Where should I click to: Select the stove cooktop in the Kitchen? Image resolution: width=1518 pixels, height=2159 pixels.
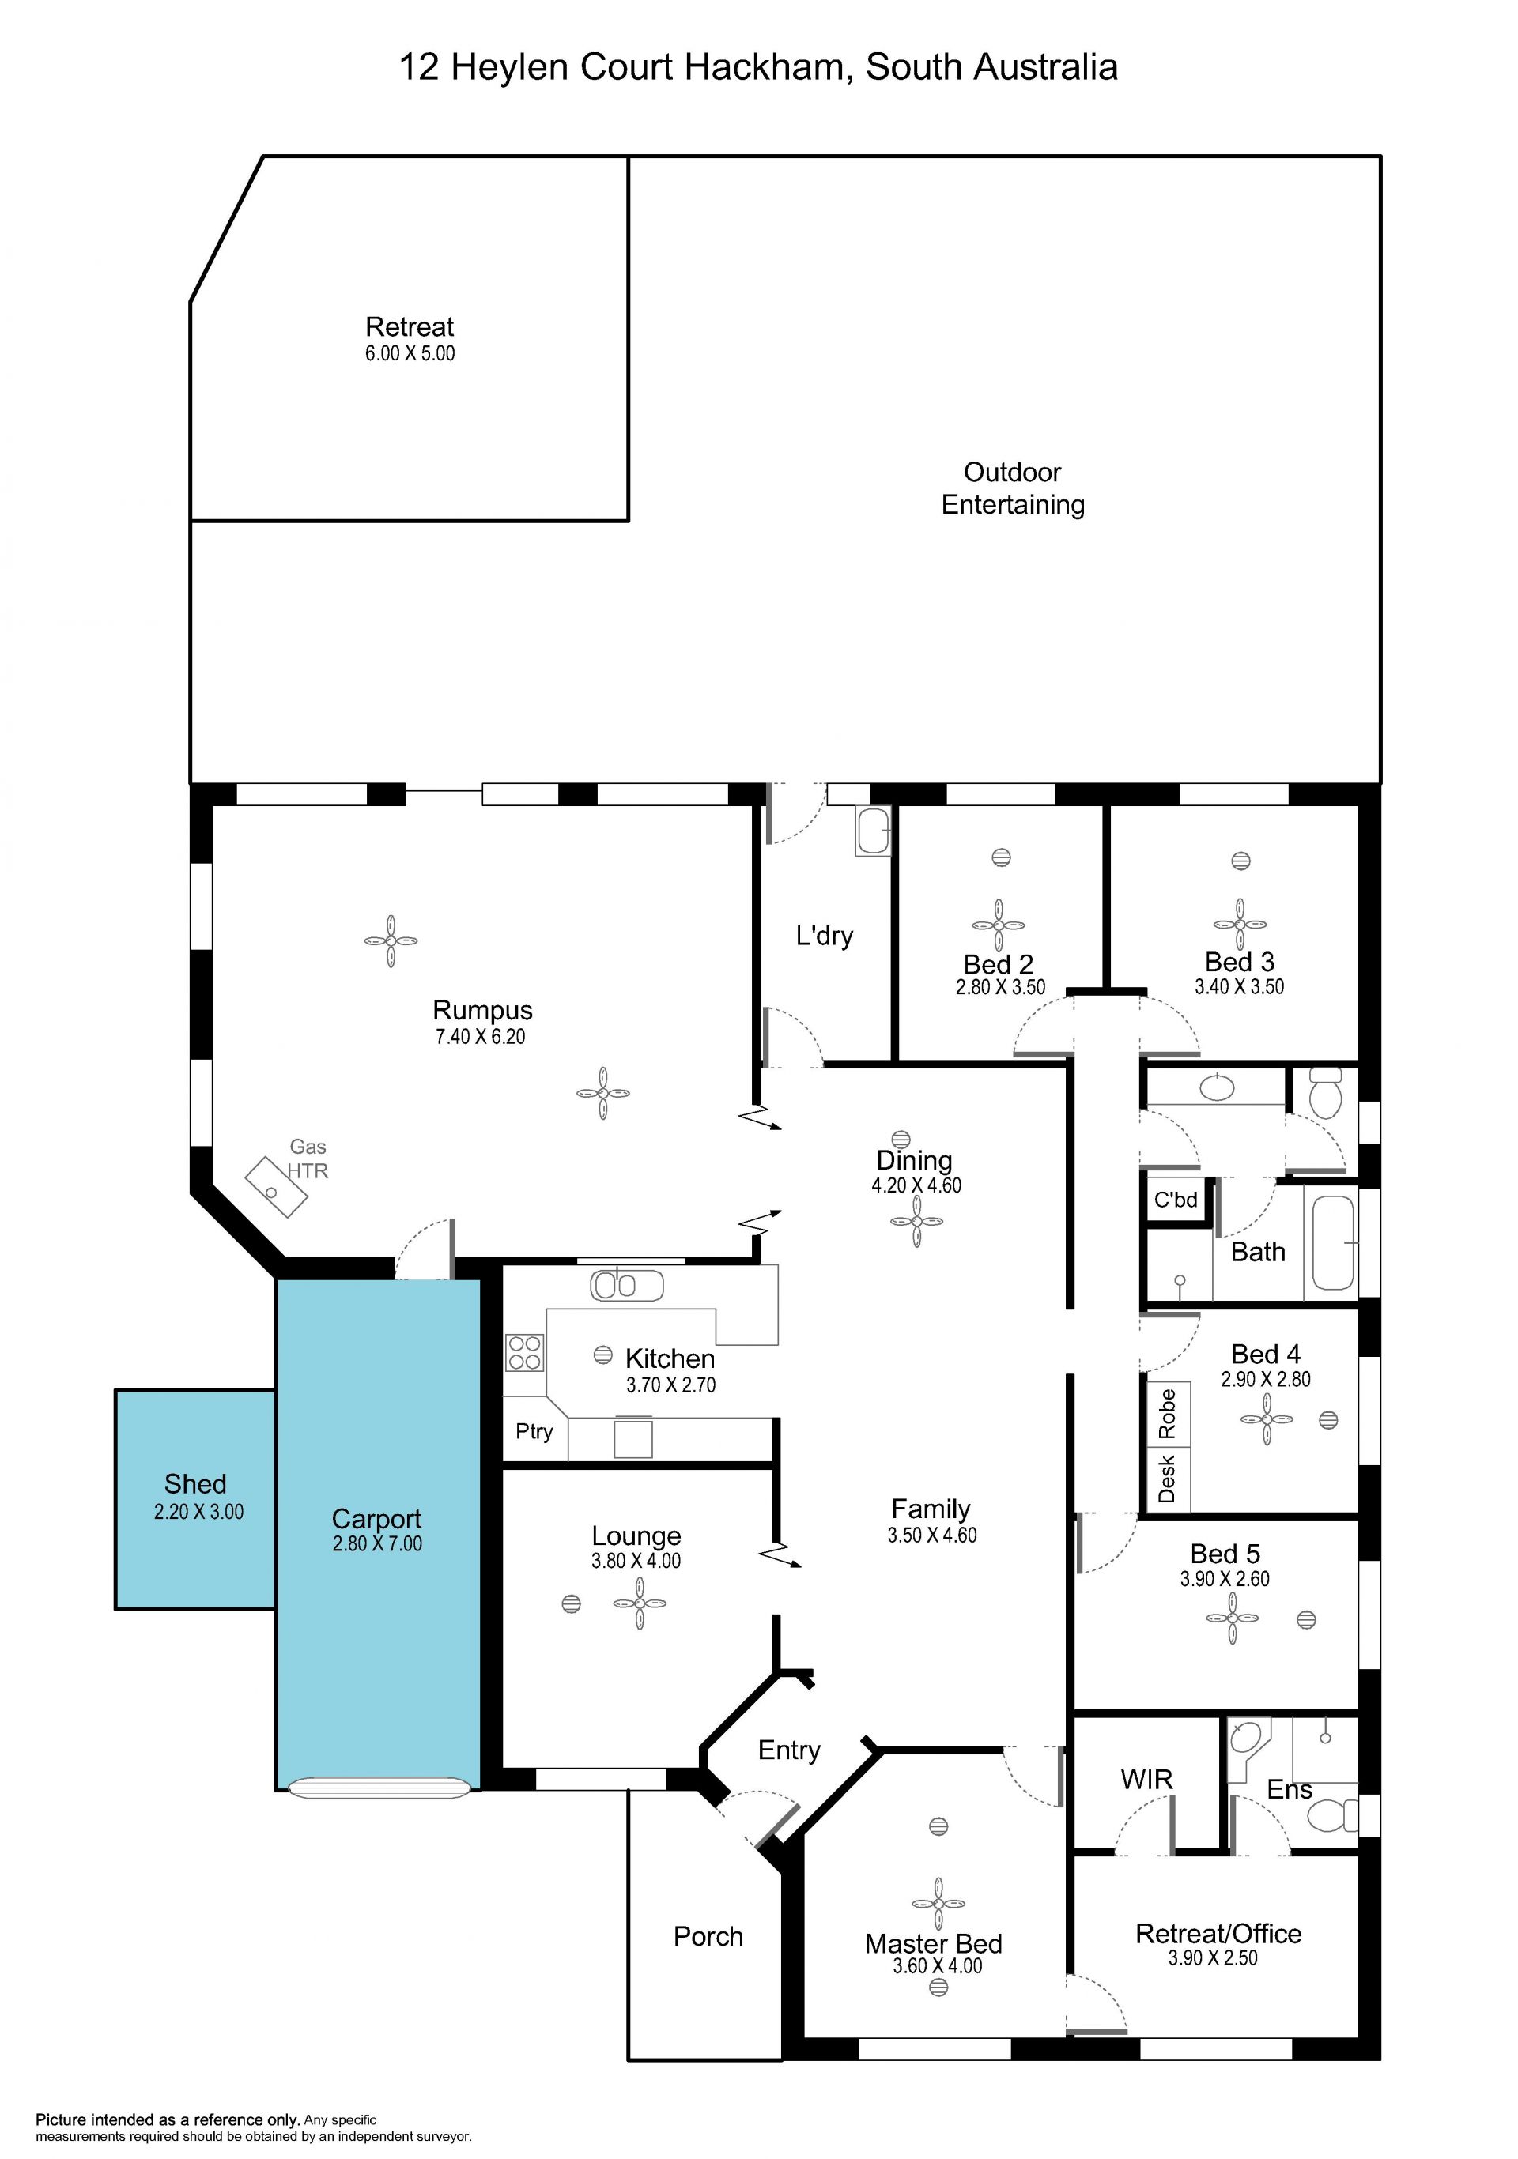coord(525,1352)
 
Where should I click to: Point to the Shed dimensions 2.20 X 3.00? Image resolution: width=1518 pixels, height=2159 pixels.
coord(198,1511)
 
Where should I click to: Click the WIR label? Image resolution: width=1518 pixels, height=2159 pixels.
coord(1146,1779)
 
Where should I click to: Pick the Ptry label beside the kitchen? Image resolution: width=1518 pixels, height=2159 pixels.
coord(534,1431)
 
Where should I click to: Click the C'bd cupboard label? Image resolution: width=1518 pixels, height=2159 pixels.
coord(1176,1199)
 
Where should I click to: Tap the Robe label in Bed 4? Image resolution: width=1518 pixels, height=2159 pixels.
coord(1167,1415)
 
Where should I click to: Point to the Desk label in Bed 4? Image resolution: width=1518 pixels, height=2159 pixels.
coord(1167,1479)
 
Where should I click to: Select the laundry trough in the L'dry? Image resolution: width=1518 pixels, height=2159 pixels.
coord(872,831)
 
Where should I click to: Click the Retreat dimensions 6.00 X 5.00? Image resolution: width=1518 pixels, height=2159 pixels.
coord(410,353)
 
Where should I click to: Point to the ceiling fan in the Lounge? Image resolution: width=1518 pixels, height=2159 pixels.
coord(640,1603)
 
